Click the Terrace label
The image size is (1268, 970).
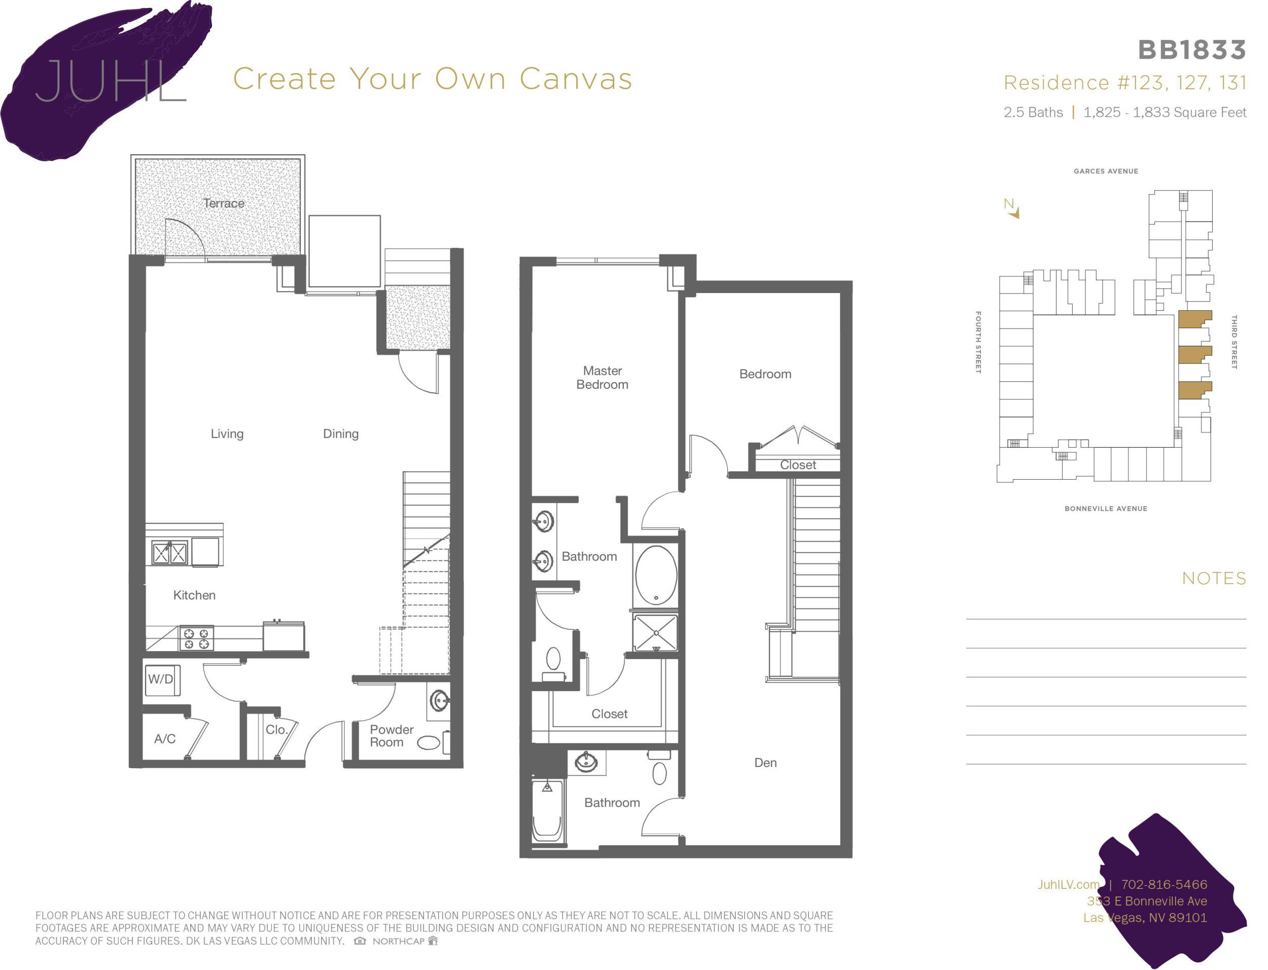coord(224,203)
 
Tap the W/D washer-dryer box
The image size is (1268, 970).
coord(161,679)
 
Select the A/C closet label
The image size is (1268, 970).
coord(164,738)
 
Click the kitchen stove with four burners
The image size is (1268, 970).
coord(196,638)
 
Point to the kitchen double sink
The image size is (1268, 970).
coord(170,553)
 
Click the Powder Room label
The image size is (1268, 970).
coord(391,736)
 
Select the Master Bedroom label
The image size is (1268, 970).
coord(602,378)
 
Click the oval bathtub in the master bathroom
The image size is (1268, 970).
coord(655,575)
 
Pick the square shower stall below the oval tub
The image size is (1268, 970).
coord(655,633)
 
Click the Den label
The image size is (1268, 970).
coord(765,763)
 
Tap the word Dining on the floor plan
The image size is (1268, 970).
coord(341,434)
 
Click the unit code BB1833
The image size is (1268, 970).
coord(1192,50)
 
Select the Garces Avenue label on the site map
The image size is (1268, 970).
coord(1106,171)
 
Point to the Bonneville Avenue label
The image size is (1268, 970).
coord(1106,509)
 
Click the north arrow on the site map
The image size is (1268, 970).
coord(1012,209)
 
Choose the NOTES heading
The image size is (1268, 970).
coord(1214,578)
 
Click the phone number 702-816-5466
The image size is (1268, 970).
coord(1164,884)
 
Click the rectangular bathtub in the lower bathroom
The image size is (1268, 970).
coord(546,811)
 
